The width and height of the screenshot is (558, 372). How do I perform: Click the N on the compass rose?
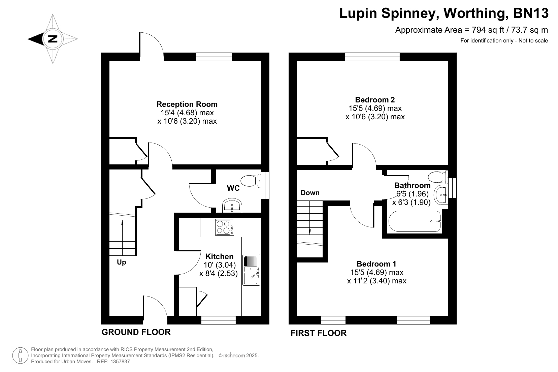coord(53,39)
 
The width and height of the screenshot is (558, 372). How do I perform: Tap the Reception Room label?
coord(187,104)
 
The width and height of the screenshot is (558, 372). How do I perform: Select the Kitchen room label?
coord(220,256)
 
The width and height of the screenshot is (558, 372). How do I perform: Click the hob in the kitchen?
coord(224,227)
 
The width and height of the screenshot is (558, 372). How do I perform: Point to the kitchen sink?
coord(251,270)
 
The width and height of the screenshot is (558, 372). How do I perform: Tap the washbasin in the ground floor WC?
coord(232,205)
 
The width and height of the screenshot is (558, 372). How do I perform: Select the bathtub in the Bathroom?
coord(415,221)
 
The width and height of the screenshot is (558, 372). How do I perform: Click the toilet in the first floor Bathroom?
coord(438,177)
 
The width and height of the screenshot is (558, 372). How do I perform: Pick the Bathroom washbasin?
coord(441,195)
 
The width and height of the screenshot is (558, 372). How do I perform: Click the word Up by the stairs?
coord(122,262)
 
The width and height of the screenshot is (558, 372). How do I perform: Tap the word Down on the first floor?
coord(310,193)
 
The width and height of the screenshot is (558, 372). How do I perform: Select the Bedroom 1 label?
coord(376,264)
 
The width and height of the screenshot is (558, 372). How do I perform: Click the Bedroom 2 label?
coord(375,100)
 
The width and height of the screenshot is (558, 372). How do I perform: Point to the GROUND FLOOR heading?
coord(136,332)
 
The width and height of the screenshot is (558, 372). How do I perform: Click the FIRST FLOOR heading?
coord(319,333)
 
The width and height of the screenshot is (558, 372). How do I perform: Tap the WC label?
coord(233,188)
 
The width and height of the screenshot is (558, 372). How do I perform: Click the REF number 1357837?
coord(120,362)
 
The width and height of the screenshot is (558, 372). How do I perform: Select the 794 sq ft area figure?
coord(487,30)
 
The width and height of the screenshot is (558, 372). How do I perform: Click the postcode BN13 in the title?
coord(531,13)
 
